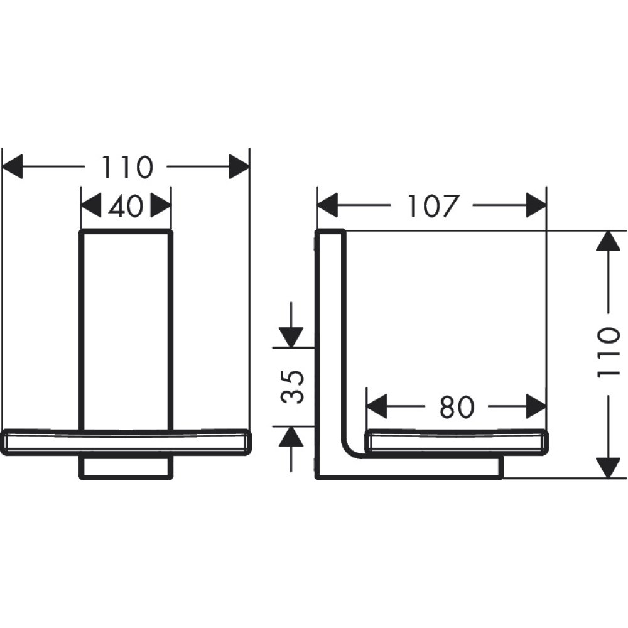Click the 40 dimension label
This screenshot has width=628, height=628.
click(x=126, y=206)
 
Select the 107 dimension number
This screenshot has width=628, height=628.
click(x=431, y=206)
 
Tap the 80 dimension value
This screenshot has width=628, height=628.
click(x=456, y=407)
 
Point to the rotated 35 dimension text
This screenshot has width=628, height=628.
click(x=293, y=386)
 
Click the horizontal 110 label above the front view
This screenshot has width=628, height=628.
click(x=127, y=168)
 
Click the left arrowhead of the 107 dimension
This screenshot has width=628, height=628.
click(x=327, y=206)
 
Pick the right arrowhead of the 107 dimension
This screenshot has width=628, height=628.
click(x=536, y=206)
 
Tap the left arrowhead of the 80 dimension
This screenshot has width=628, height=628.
click(x=376, y=407)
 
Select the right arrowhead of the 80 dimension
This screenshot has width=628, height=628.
click(x=536, y=407)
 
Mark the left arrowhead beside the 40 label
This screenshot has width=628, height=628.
click(x=92, y=206)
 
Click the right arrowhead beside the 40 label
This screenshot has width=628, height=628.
click(x=161, y=206)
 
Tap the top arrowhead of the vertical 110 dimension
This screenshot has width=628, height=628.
click(x=607, y=242)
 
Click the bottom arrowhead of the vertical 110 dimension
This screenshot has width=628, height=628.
click(x=607, y=468)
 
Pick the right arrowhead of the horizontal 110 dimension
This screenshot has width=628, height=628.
click(x=239, y=168)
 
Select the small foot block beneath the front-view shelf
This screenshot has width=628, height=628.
click(x=126, y=468)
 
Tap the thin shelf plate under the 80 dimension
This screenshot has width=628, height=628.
click(x=456, y=441)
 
